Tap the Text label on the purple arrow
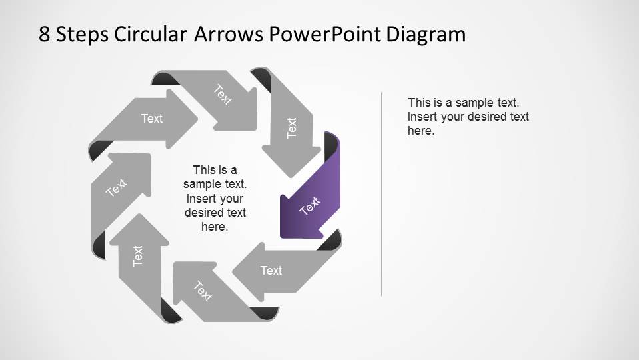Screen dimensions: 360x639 (x=310, y=206)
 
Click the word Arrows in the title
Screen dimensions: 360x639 (x=229, y=35)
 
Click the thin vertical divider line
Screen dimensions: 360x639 (x=382, y=193)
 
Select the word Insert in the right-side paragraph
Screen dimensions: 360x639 (x=422, y=117)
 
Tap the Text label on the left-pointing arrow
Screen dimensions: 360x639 (x=271, y=270)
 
